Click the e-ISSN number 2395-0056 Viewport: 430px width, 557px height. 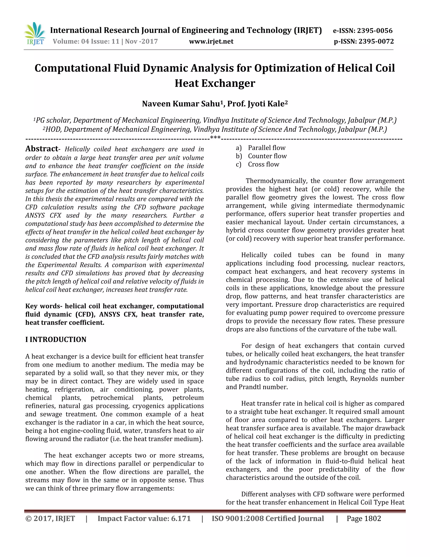[x=375, y=31]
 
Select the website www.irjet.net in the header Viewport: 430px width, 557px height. [x=211, y=41]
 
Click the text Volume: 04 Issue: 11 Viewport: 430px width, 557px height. [x=86, y=41]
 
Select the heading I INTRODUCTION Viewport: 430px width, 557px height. [x=56, y=339]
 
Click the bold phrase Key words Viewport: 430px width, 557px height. [x=43, y=306]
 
